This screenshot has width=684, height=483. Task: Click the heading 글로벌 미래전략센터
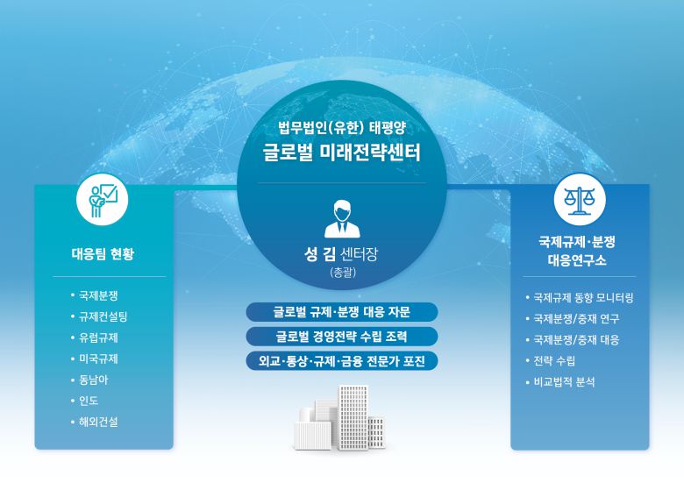(x=341, y=153)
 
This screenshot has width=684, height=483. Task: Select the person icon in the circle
(x=341, y=219)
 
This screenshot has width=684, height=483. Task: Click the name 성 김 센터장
(x=341, y=256)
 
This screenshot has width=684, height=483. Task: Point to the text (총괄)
(x=341, y=273)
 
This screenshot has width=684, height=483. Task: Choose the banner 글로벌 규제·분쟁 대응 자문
(x=341, y=312)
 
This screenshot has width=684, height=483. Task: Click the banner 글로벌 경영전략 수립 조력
(x=341, y=336)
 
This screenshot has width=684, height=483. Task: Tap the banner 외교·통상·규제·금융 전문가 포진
(x=341, y=359)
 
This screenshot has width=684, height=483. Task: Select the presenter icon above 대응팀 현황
(x=103, y=201)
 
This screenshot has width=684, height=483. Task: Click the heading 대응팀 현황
(x=103, y=255)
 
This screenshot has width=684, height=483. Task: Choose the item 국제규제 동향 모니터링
(x=583, y=298)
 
